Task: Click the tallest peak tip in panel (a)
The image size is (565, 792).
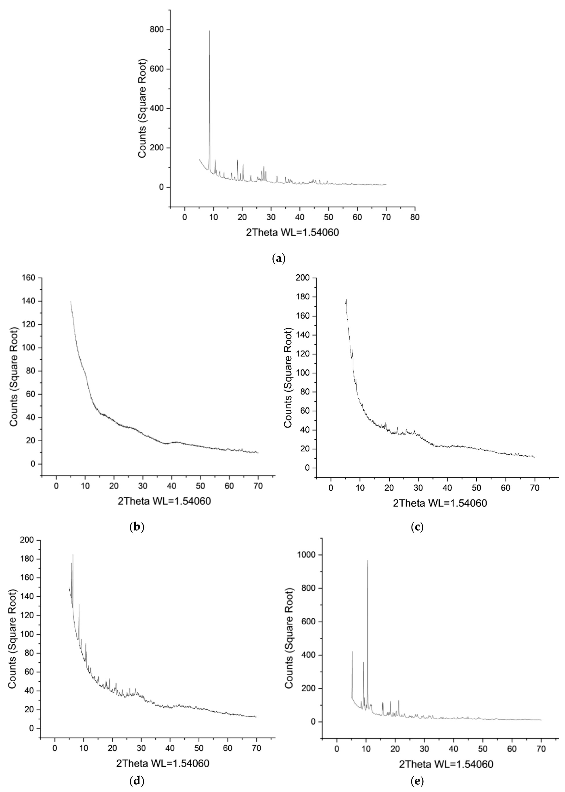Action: coord(209,31)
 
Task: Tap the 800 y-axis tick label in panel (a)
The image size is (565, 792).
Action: coord(158,30)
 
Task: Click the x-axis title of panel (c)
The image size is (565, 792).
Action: coord(440,503)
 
